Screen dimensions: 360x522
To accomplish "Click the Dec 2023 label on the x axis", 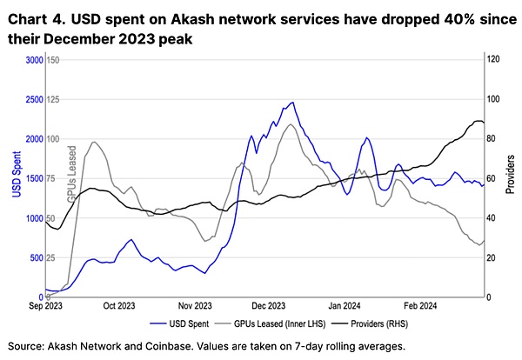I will (x=270, y=306).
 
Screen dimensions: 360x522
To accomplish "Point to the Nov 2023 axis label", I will (x=196, y=306).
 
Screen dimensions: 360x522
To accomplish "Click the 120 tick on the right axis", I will (x=492, y=59).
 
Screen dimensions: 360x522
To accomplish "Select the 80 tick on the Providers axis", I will (x=492, y=139).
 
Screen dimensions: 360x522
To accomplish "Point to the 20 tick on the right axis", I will (x=492, y=258).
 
